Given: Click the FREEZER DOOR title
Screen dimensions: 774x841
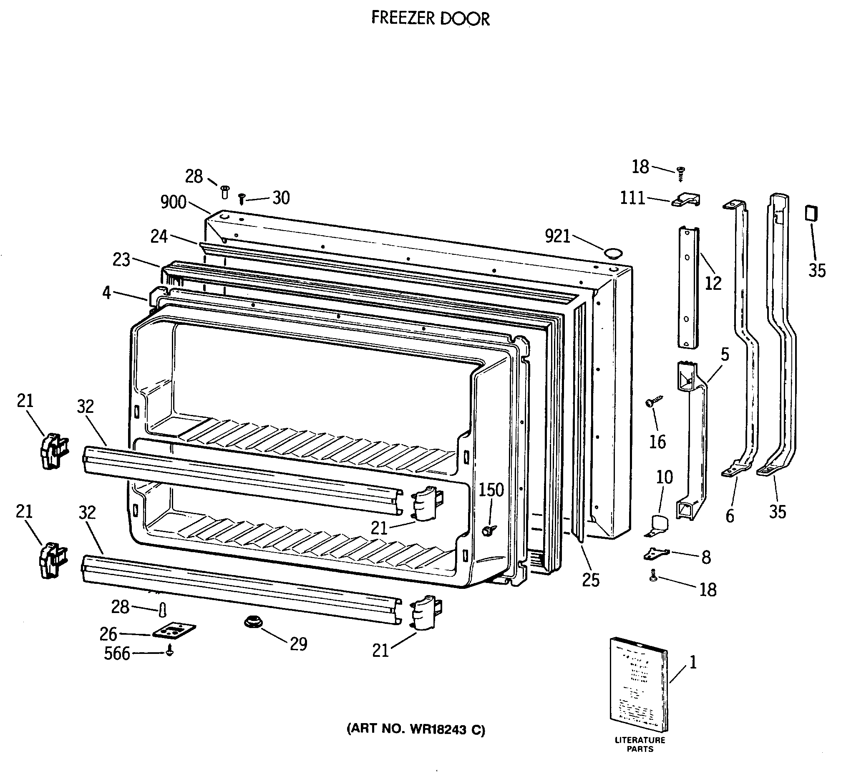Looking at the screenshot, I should coord(431,18).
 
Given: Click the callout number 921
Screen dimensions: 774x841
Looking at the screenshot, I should coord(557,236).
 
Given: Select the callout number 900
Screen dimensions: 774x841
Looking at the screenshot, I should coord(173,202).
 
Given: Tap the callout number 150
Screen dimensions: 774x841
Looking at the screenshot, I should coord(491,490).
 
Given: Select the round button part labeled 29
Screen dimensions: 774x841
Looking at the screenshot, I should coord(253,621).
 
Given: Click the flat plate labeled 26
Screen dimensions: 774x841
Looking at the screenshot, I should coord(174,631).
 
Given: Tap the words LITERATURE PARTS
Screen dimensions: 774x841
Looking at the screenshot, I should coord(640,744).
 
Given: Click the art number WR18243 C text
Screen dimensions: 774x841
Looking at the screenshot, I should coord(415,729).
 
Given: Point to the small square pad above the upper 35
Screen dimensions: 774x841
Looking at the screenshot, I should coord(812,213).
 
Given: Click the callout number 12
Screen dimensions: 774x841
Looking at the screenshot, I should coord(713,284).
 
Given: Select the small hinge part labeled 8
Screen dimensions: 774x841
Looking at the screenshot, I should coord(655,554).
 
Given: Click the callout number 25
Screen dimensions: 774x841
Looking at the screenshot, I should coord(591,580).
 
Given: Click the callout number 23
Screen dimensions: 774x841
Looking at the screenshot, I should coord(121,260).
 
